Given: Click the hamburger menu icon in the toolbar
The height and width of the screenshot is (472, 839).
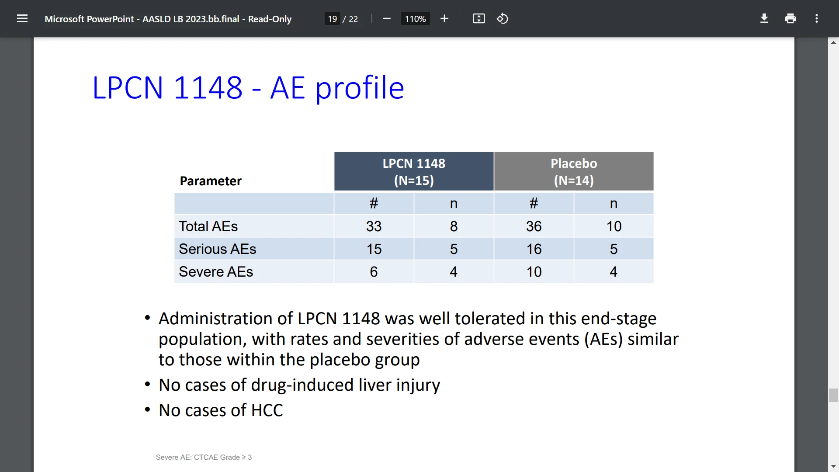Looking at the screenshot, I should click(x=22, y=18).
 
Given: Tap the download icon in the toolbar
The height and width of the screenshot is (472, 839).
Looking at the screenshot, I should click(x=764, y=18).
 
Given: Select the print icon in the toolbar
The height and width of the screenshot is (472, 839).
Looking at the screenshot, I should click(x=790, y=18).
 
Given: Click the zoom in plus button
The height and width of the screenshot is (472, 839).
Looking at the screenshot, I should click(x=444, y=18).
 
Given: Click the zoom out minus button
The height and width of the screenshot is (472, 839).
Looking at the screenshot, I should click(x=386, y=18).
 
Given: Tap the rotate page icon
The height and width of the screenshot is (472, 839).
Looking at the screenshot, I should click(x=502, y=18).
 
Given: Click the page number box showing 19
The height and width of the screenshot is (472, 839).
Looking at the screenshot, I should click(x=332, y=19).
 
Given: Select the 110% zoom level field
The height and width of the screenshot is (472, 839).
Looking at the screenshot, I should click(x=415, y=19).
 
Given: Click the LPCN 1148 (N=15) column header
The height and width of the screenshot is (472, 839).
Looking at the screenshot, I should click(x=414, y=171).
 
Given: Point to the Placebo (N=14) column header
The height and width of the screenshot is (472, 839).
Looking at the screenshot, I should click(x=573, y=171).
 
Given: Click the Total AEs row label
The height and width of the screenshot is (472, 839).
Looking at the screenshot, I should click(x=208, y=226).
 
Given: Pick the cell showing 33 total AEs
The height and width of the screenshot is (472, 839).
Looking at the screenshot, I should click(x=374, y=226).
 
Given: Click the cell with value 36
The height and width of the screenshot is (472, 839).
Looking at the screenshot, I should click(x=534, y=226).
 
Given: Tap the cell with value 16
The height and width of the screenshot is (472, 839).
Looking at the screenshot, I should click(x=534, y=249).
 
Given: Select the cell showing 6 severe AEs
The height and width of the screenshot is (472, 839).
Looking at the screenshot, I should click(x=374, y=272).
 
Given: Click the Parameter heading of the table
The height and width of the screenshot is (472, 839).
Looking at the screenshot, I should click(x=211, y=181).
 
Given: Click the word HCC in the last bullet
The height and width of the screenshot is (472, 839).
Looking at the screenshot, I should click(x=267, y=410).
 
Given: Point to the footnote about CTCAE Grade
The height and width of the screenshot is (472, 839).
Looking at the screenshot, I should click(x=204, y=457).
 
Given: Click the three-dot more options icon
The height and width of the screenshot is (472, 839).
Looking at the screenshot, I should click(x=816, y=18).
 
